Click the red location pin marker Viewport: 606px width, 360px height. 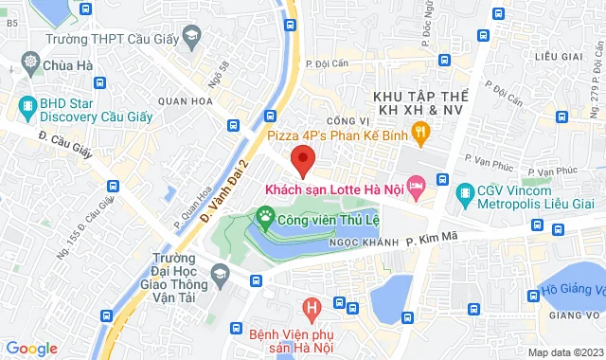click(x=303, y=159)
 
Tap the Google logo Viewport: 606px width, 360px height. click(x=31, y=349)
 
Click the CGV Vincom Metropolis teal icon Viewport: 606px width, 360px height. click(x=465, y=195)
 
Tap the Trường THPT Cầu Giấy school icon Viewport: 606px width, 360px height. click(x=191, y=38)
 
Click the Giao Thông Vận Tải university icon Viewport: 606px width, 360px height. click(x=220, y=275)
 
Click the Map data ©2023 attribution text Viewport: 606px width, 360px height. click(x=564, y=352)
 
